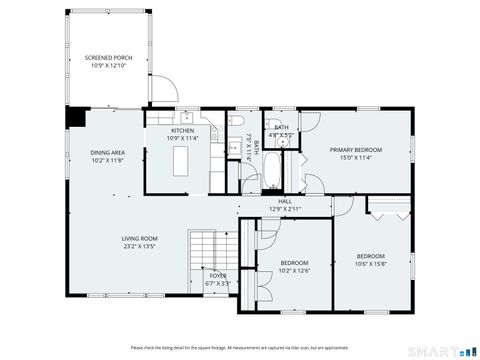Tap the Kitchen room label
click(182, 131)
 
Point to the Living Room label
click(140, 238)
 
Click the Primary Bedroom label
click(356, 149)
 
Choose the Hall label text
click(284, 202)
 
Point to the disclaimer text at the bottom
click(240, 347)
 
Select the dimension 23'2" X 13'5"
click(140, 245)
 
